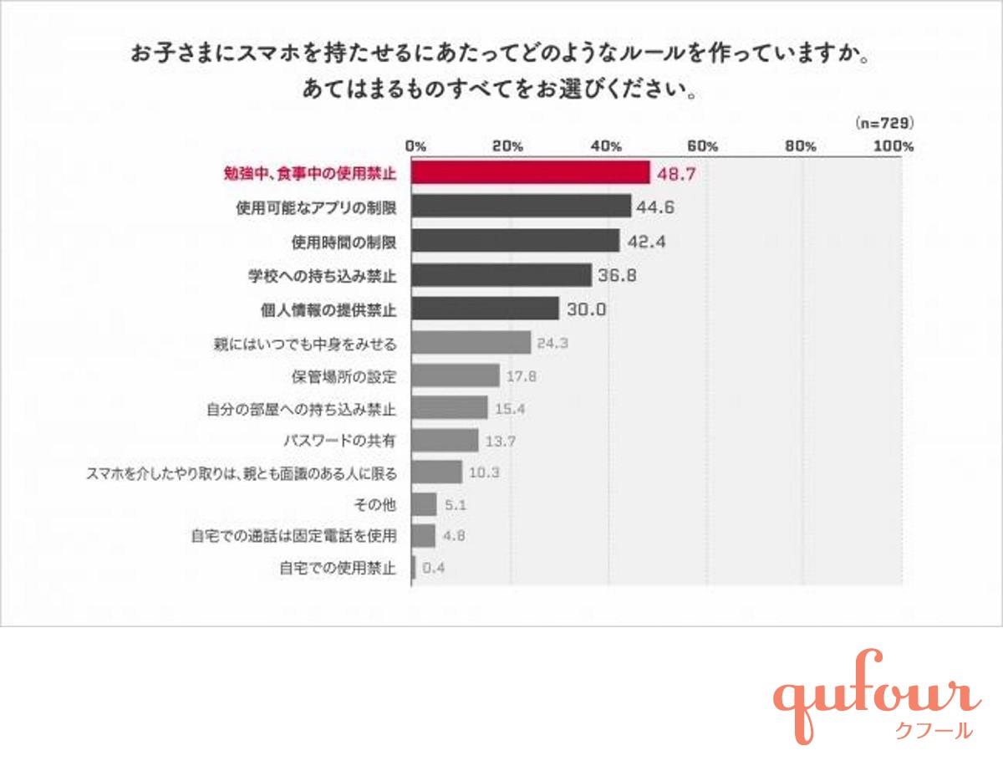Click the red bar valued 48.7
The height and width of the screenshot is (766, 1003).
tap(531, 173)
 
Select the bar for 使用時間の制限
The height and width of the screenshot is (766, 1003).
tap(516, 242)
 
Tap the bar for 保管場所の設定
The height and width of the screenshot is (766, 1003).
tap(456, 375)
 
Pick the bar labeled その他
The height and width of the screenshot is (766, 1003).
tap(425, 504)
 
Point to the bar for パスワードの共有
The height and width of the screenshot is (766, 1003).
tap(445, 440)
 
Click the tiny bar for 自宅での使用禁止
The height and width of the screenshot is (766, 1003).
tap(414, 569)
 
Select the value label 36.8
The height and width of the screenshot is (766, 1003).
tap(617, 275)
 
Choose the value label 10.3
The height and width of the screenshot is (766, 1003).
tap(485, 472)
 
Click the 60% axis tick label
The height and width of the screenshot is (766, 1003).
tap(705, 146)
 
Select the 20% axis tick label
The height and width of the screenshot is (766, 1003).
tap(508, 146)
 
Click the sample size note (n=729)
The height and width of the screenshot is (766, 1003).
tap(884, 123)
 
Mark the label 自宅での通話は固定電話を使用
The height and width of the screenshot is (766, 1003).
tap(293, 536)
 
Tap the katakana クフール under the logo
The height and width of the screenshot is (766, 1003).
tap(933, 731)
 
